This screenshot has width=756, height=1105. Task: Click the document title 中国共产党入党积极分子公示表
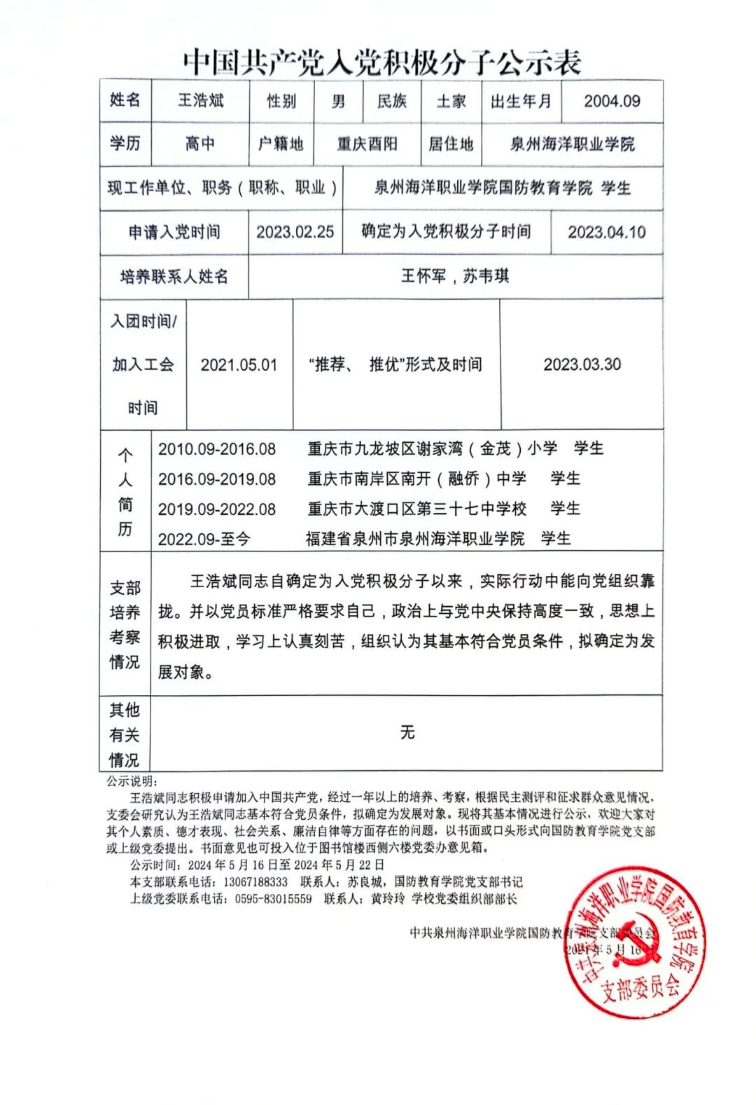click(x=382, y=63)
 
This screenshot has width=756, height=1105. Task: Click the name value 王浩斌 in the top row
click(x=201, y=101)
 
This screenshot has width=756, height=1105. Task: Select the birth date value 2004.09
click(x=612, y=102)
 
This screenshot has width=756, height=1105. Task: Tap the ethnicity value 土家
click(x=451, y=102)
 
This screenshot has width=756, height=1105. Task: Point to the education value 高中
click(x=200, y=144)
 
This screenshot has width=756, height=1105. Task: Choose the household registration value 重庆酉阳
click(x=367, y=144)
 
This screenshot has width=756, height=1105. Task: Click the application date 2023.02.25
click(x=295, y=232)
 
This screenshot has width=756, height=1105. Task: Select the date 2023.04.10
click(x=606, y=232)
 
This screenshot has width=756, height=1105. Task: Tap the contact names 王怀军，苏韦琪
click(x=454, y=276)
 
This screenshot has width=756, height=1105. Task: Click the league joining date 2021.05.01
click(x=239, y=365)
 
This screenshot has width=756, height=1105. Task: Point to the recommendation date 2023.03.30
click(x=582, y=364)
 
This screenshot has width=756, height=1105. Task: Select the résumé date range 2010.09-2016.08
click(x=217, y=449)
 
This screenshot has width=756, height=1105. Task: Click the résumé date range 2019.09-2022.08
click(x=217, y=509)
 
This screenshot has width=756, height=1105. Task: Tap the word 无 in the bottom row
click(x=407, y=733)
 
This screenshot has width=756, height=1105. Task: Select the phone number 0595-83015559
click(x=273, y=899)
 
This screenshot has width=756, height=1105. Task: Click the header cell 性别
click(x=281, y=102)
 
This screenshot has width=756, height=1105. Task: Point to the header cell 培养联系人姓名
click(x=174, y=276)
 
